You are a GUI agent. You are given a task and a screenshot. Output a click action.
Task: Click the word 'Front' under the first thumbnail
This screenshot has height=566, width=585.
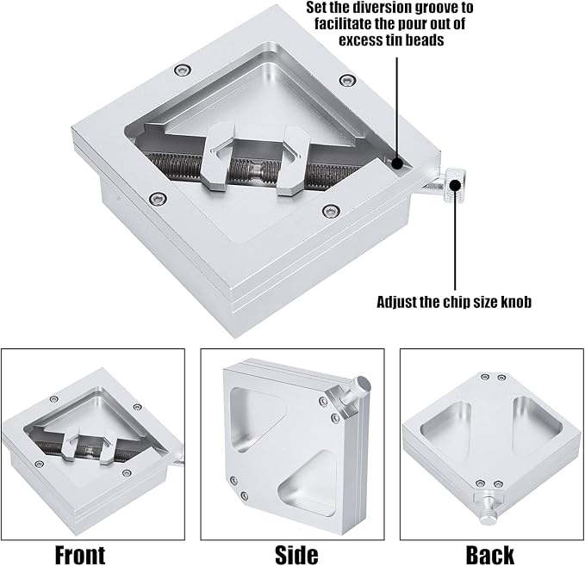point(80,555)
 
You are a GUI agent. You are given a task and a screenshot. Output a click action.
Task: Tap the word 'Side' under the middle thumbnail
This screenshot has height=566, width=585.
point(296,555)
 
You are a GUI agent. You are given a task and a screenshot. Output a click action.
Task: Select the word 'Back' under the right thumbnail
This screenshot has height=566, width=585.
point(490,555)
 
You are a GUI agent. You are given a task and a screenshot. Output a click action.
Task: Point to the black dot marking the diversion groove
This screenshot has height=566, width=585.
point(396,163)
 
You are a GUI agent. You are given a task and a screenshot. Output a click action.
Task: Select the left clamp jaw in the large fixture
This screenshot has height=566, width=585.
point(218,157)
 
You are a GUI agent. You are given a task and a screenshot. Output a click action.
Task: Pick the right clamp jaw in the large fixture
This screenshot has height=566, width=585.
point(293,161)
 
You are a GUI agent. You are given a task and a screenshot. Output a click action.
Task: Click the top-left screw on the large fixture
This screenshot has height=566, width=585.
point(184,70)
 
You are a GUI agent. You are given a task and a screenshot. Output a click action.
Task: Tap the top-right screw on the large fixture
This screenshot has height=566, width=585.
point(347,80)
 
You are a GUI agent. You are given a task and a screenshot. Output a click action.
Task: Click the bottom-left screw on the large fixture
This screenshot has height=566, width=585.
point(158,198)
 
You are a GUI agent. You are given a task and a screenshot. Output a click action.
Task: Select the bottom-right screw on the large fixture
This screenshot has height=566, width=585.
point(330,211)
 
